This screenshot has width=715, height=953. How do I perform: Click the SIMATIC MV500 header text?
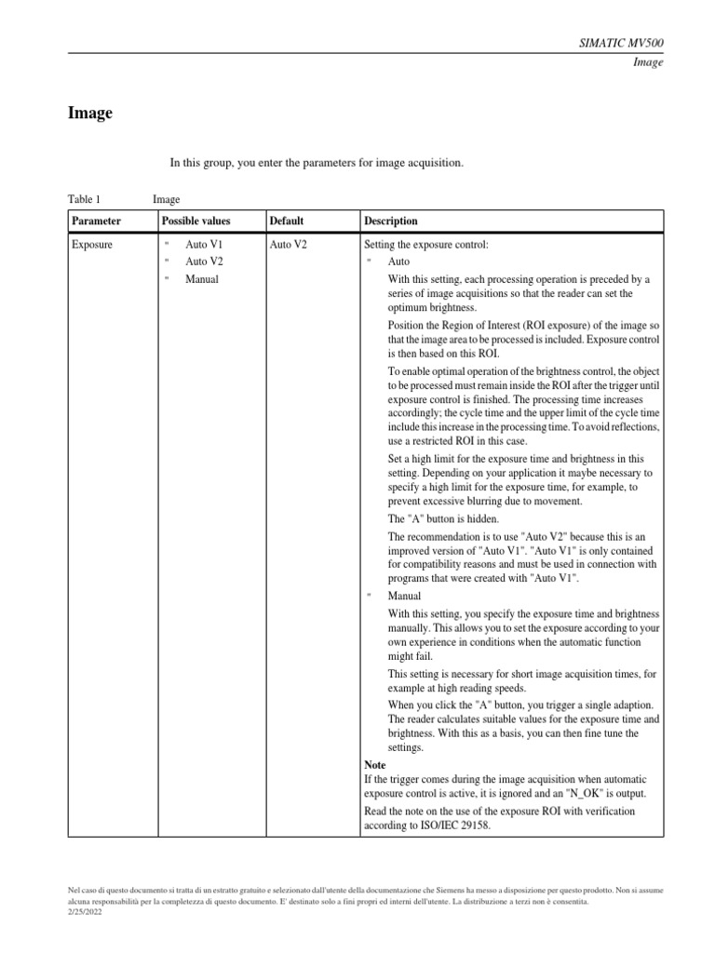(x=622, y=44)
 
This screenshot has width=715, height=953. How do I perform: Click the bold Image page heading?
(x=90, y=114)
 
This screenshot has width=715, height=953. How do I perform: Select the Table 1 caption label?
(x=84, y=199)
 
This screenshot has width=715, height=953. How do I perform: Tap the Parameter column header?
(x=97, y=221)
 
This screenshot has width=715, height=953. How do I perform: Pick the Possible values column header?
(x=196, y=221)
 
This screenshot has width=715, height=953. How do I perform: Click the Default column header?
(x=287, y=221)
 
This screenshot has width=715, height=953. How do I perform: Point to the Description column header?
(x=391, y=221)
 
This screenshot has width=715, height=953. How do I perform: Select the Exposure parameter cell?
(x=92, y=245)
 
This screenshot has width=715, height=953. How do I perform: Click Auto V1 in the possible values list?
(x=204, y=245)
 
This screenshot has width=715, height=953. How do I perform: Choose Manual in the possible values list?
(x=202, y=279)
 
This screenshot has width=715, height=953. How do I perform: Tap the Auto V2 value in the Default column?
(x=289, y=245)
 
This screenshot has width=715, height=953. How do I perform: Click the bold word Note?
(x=375, y=765)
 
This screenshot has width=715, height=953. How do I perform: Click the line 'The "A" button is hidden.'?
(x=443, y=518)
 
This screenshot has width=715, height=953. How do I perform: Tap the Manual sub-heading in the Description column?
(x=404, y=596)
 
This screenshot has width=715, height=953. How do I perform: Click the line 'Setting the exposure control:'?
(x=426, y=245)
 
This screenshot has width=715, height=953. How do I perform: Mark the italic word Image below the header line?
(x=648, y=63)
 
